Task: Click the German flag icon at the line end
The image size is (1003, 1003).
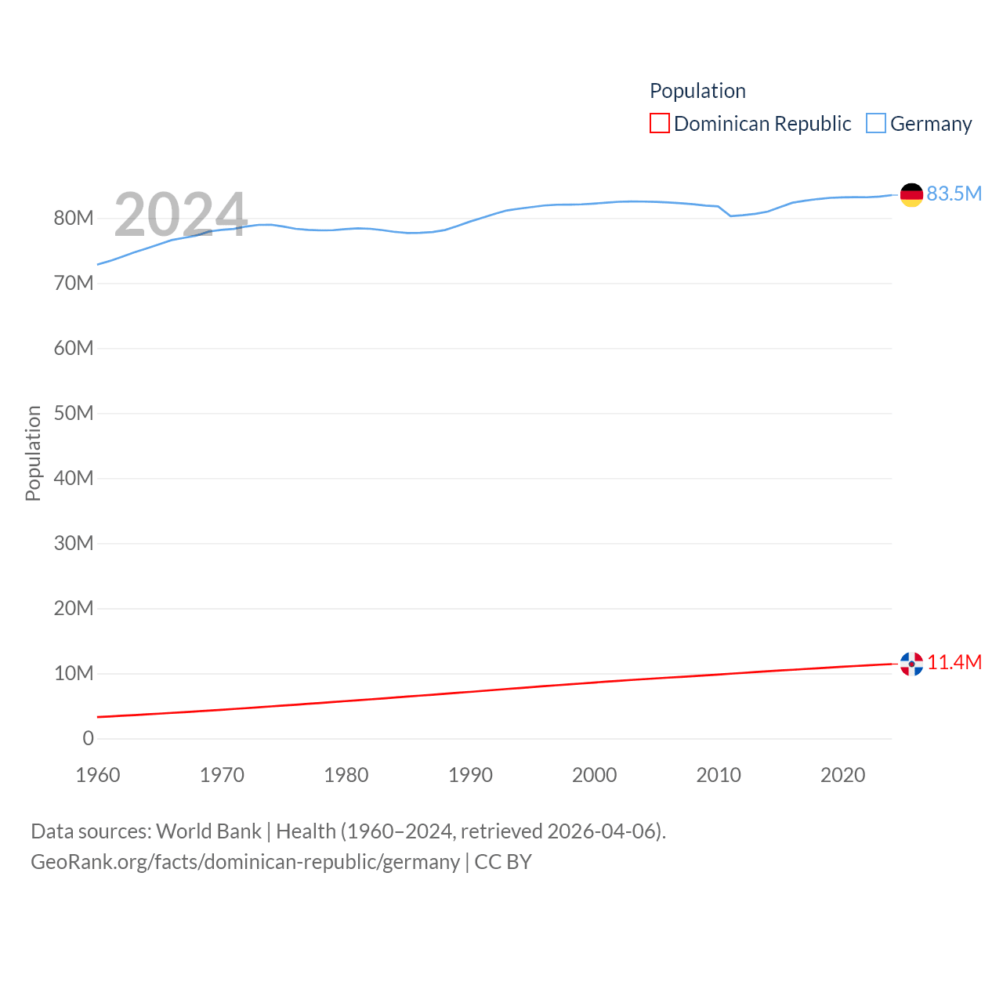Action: [911, 194]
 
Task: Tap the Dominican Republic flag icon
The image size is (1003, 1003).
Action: [911, 664]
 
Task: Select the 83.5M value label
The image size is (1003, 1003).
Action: [954, 194]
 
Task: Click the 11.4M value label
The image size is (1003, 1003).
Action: [954, 662]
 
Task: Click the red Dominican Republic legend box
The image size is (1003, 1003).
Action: [660, 124]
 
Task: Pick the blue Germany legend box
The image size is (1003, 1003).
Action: [876, 124]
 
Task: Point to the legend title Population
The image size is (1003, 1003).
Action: [697, 91]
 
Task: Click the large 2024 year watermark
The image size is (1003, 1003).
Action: [180, 215]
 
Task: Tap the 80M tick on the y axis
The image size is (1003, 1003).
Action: [74, 218]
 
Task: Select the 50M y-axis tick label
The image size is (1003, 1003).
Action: [74, 413]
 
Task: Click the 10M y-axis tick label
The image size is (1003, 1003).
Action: [74, 673]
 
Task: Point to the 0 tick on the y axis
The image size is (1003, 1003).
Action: [88, 738]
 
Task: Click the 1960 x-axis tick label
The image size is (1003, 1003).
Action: [98, 775]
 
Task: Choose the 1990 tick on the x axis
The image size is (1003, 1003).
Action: [470, 775]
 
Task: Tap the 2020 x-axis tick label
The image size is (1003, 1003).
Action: [842, 775]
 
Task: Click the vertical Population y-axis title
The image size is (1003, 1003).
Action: [33, 453]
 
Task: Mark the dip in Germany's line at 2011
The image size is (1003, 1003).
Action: [731, 215]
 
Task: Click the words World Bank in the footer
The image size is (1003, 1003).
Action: [208, 831]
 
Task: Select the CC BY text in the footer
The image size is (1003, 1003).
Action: [503, 862]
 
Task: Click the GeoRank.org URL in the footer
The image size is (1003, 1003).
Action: [245, 862]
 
